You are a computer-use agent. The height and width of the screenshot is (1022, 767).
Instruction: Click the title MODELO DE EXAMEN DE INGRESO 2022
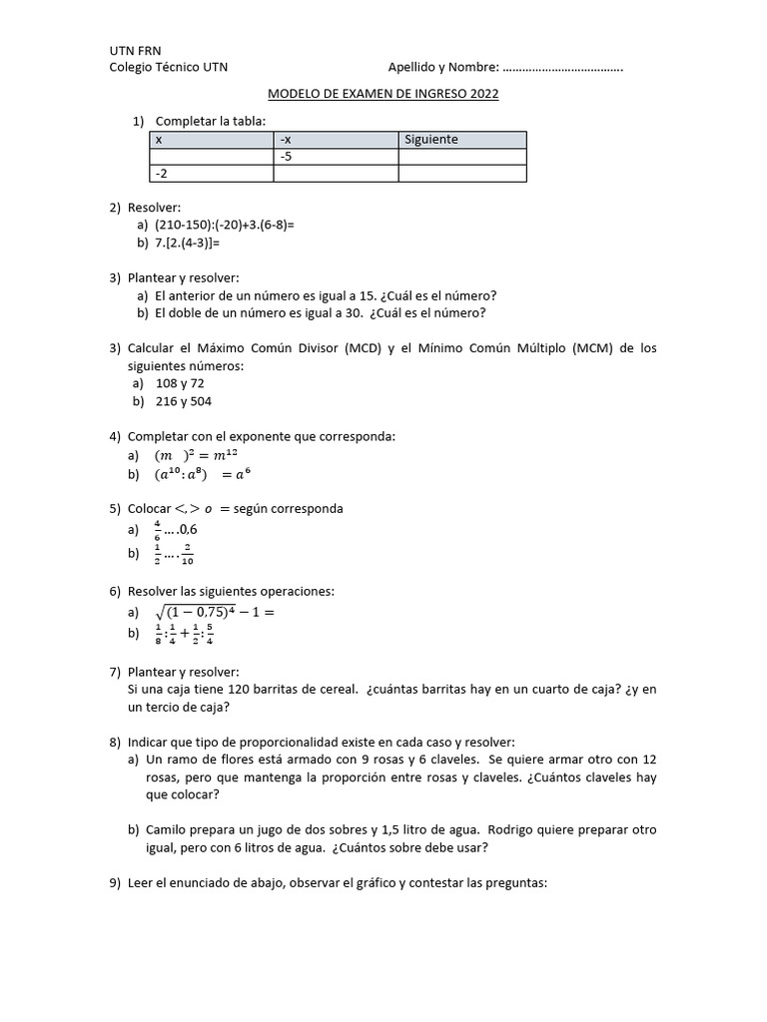[x=383, y=95]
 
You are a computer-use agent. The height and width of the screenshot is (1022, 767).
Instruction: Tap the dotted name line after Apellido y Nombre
[x=563, y=68]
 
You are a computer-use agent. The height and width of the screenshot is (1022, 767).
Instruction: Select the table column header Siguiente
[x=431, y=140]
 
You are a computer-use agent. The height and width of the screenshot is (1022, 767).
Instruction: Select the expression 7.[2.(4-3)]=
[x=187, y=242]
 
